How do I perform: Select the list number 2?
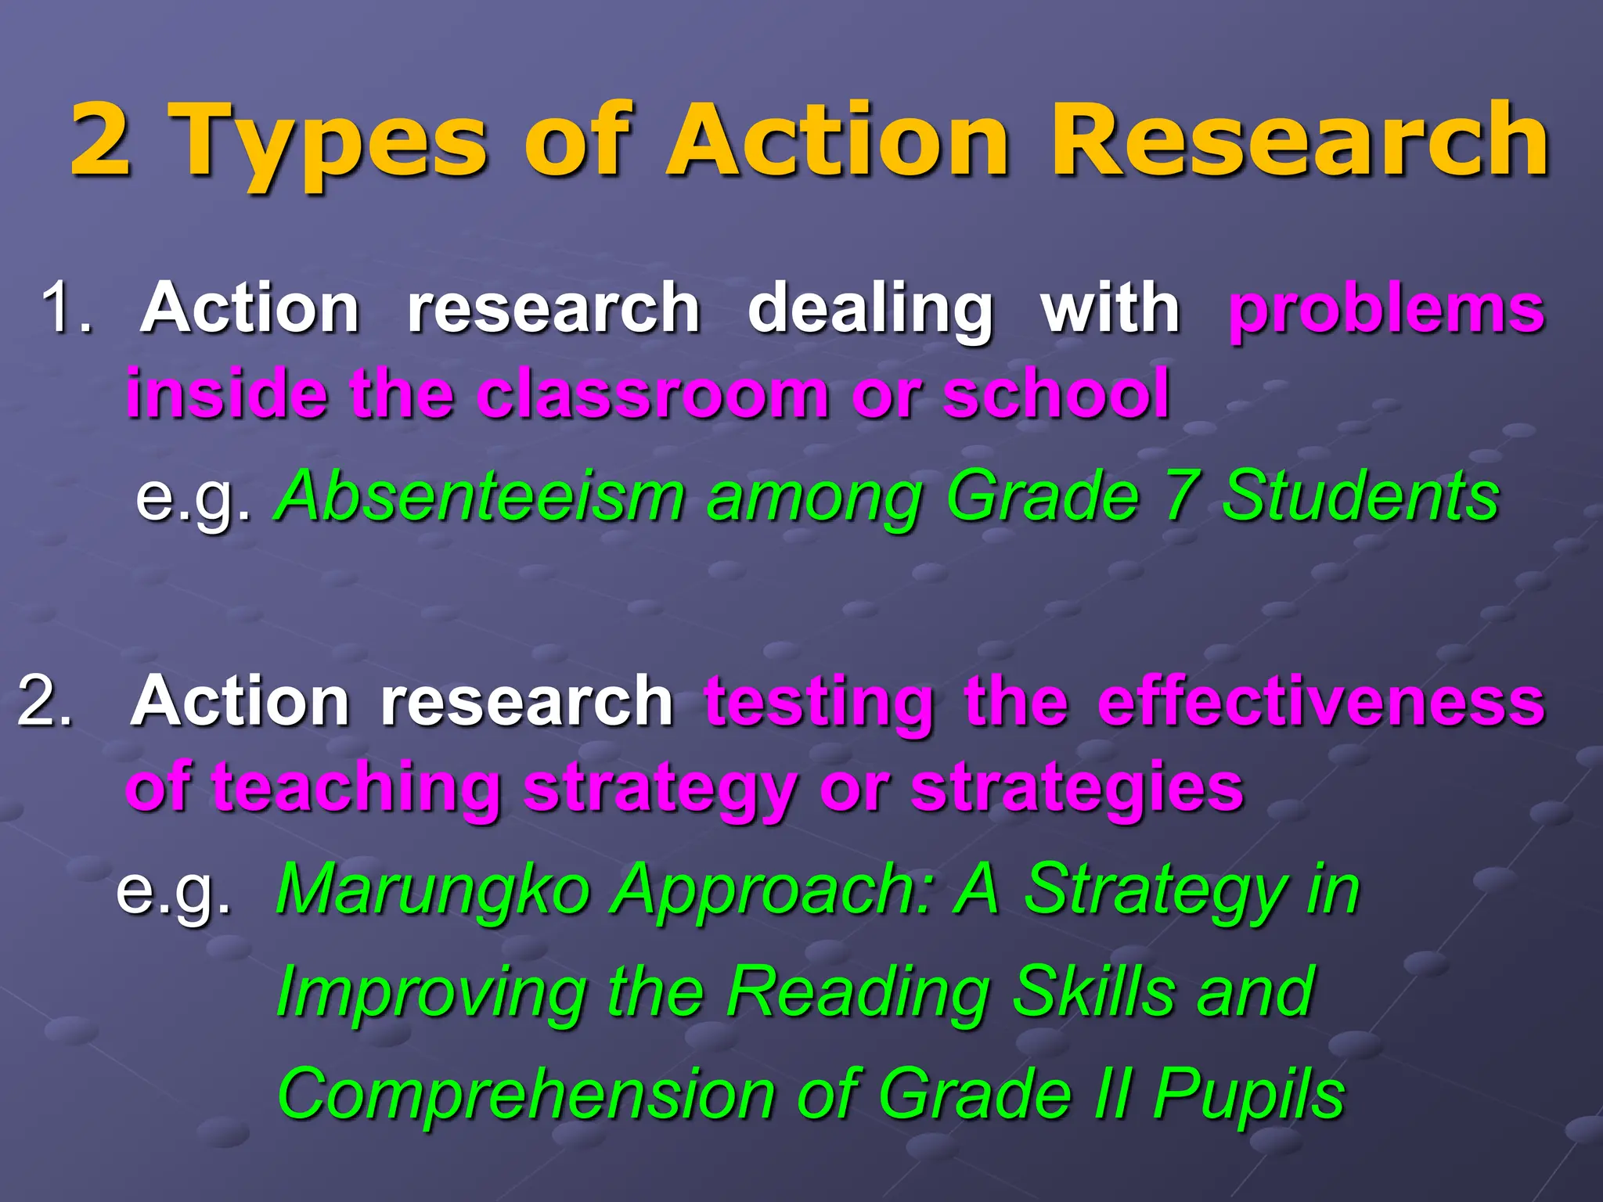45,700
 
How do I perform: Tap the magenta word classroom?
654,393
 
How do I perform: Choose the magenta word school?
1057,393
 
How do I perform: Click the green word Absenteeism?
481,495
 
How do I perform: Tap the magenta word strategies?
1078,789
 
